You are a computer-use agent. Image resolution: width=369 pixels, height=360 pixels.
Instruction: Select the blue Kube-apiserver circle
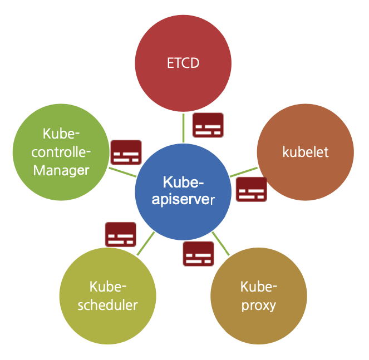[183, 192]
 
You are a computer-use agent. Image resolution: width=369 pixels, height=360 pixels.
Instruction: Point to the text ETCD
[183, 63]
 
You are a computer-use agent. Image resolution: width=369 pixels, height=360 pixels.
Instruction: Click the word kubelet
[306, 152]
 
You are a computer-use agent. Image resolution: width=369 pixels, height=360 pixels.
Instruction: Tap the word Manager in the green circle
[61, 170]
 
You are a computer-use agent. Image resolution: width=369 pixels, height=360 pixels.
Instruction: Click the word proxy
[259, 305]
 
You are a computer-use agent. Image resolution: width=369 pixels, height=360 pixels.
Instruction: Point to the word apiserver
[183, 199]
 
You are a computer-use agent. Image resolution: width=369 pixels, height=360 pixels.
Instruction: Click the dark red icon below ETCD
[208, 125]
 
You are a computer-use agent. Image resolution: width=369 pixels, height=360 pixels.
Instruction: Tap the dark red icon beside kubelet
[252, 189]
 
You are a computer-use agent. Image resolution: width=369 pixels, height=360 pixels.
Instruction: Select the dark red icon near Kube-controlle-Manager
[126, 152]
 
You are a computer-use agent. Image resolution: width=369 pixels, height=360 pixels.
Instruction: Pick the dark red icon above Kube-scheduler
[121, 234]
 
